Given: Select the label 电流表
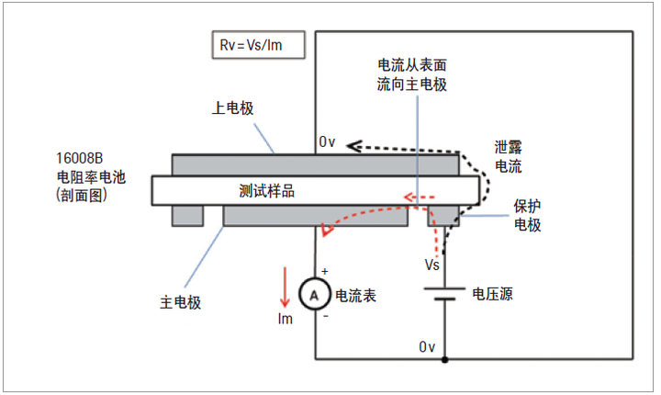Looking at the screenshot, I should tap(356, 296).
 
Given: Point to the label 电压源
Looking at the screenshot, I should tap(494, 295).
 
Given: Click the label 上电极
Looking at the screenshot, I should tap(232, 107).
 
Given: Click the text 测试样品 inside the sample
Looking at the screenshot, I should tap(267, 191).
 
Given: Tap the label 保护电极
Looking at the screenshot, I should tap(527, 214).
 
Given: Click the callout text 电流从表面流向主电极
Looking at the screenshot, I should tap(412, 74).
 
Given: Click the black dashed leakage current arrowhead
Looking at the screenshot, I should tap(353, 146).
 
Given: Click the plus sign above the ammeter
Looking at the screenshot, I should tap(324, 272).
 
